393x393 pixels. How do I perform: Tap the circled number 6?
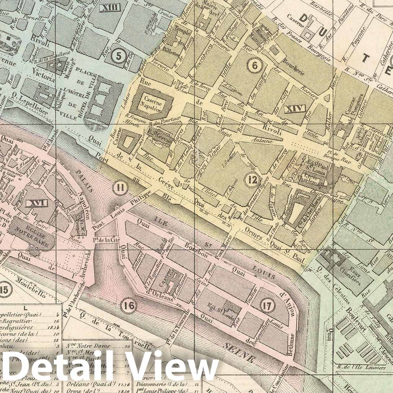(x=255, y=65)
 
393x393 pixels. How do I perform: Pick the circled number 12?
(x=251, y=179)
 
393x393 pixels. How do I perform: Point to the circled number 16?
(x=129, y=305)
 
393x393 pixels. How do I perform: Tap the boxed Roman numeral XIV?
(x=294, y=109)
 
